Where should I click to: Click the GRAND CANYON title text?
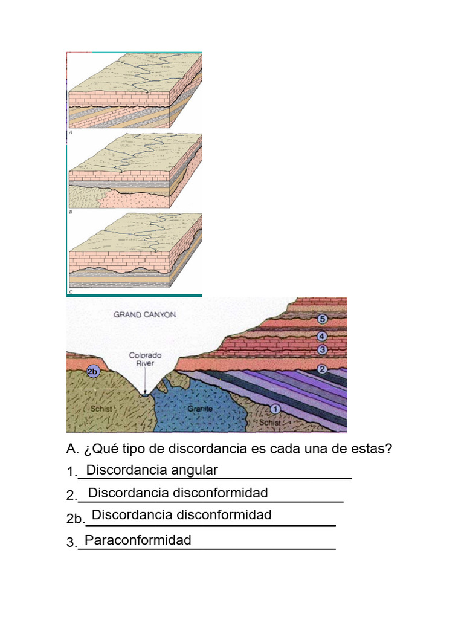click(145, 314)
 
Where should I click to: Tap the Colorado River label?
click(146, 360)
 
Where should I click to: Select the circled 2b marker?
click(93, 372)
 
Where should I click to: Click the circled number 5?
click(322, 319)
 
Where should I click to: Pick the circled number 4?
click(322, 336)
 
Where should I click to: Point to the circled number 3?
click(322, 349)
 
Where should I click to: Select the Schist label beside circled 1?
click(269, 423)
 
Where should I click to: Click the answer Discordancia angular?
click(152, 470)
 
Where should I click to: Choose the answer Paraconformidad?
click(138, 540)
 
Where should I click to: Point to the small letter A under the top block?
click(71, 131)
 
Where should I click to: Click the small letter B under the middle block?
click(71, 212)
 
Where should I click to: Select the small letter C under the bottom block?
click(71, 292)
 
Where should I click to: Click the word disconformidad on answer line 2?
click(221, 493)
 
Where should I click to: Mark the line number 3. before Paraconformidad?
click(72, 543)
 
